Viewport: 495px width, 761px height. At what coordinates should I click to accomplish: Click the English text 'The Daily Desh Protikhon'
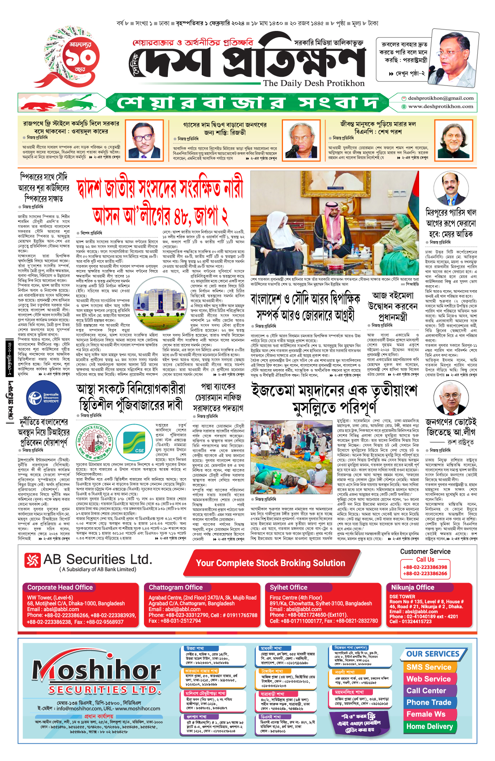tap(313, 83)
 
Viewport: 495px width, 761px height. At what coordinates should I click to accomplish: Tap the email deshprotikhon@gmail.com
tap(441, 98)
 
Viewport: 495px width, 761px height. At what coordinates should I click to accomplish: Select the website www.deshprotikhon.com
tap(441, 107)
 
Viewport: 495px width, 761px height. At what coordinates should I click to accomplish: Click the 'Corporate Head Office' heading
tap(60, 587)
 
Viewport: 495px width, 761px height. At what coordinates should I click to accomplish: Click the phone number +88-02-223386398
tap(425, 567)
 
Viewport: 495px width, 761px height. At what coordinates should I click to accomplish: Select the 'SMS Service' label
tap(429, 667)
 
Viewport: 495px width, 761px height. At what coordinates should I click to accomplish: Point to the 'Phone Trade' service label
tap(429, 702)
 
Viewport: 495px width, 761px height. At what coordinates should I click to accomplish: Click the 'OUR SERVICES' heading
tap(432, 654)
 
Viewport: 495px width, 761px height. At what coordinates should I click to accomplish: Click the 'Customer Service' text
tap(425, 552)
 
